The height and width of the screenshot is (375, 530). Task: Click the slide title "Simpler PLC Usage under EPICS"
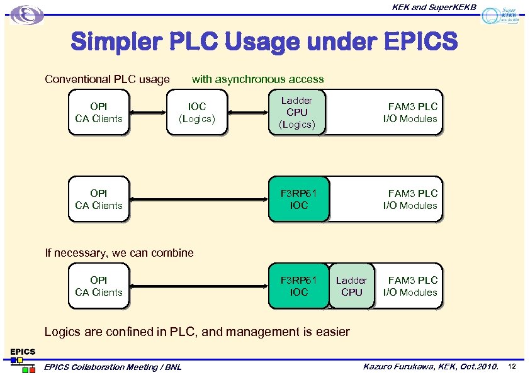(264, 43)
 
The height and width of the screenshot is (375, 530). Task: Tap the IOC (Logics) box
(196, 113)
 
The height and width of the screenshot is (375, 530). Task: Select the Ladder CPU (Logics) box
(296, 113)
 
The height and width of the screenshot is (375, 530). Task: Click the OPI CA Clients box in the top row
(98, 113)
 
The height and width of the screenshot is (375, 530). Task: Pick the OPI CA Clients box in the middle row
(98, 199)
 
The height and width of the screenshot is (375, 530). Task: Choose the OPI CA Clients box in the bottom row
(98, 286)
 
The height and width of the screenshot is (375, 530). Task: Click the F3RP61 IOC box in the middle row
(298, 199)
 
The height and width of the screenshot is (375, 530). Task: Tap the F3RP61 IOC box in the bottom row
(298, 286)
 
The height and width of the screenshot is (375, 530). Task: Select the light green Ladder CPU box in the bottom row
(351, 286)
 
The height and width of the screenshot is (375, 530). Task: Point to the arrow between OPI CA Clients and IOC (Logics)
(148, 113)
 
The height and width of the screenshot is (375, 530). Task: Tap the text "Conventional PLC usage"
(107, 79)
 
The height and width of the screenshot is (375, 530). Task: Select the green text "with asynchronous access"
(257, 79)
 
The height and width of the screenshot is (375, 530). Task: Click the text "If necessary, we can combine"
(120, 253)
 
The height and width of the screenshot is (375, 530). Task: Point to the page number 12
(512, 366)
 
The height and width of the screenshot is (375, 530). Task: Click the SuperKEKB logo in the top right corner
(500, 15)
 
